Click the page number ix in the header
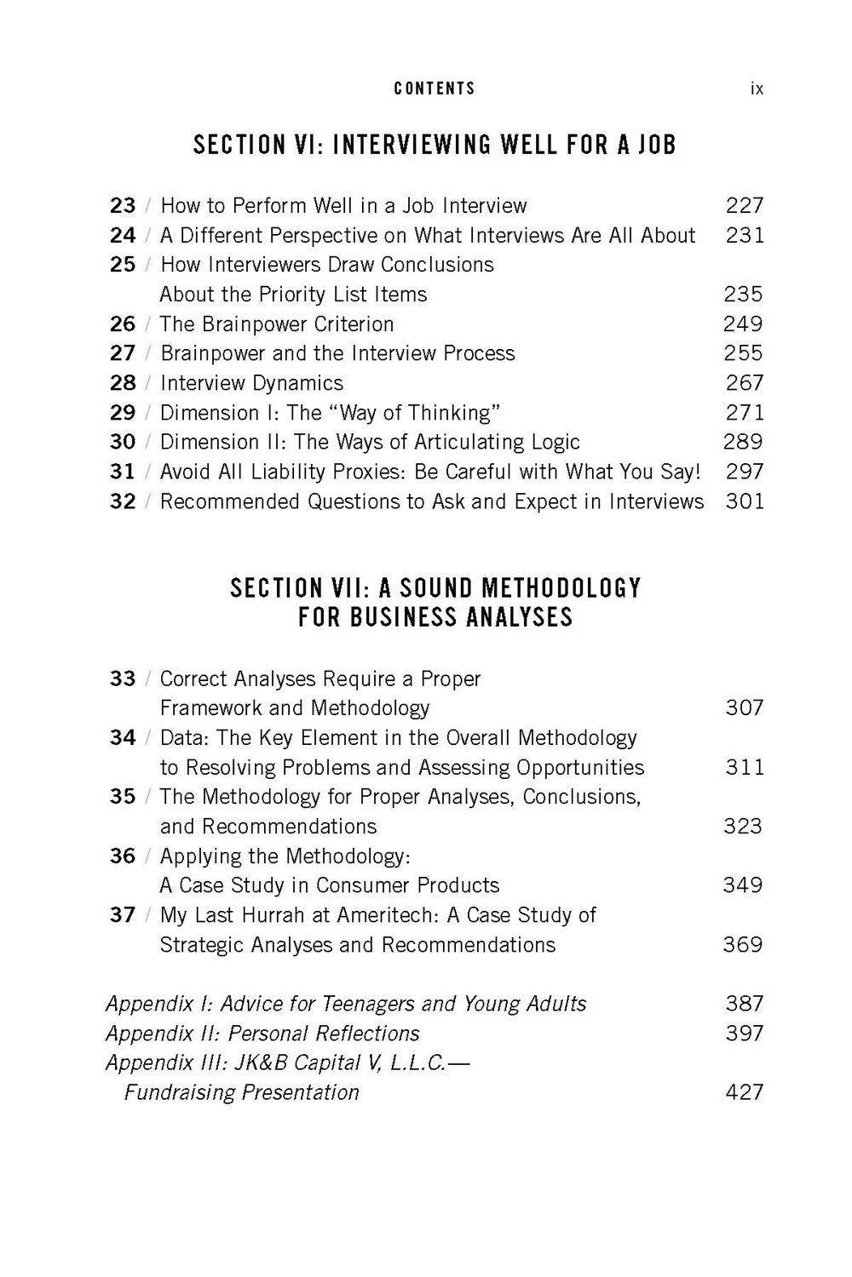tap(757, 89)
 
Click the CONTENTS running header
tap(435, 89)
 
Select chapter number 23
tap(123, 206)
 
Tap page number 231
tap(745, 235)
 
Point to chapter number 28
tap(123, 383)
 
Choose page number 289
tap(744, 442)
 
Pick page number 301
tap(745, 501)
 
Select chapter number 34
tap(123, 737)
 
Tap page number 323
tap(743, 826)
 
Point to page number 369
tap(743, 944)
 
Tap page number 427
tap(744, 1092)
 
